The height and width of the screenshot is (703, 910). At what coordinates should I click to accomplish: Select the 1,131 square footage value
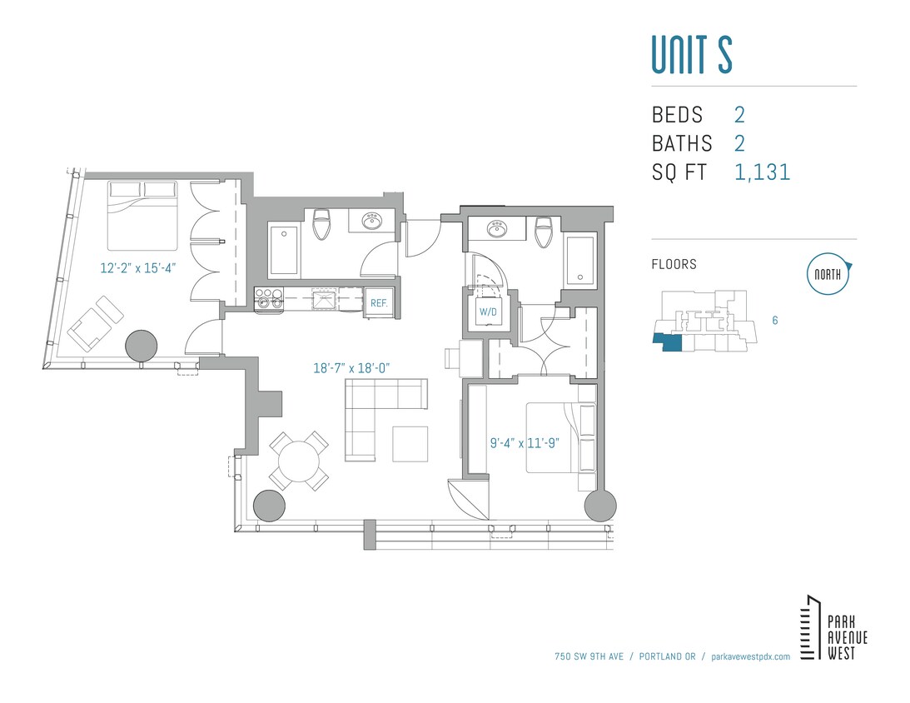click(762, 172)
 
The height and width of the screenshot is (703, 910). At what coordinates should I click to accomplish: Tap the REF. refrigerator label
click(379, 303)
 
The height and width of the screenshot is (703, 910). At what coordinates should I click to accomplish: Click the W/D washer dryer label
click(486, 313)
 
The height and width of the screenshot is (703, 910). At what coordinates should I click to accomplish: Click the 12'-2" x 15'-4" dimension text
click(137, 268)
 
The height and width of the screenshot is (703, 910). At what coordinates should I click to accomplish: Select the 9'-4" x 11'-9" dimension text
click(524, 443)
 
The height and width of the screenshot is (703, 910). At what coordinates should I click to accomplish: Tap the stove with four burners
click(268, 299)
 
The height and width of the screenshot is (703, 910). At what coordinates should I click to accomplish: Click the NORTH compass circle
click(828, 274)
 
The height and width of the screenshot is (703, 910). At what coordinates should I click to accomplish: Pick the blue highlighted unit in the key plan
click(666, 342)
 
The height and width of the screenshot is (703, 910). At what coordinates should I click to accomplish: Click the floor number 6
click(774, 320)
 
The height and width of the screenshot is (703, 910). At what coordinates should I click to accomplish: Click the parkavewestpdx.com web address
click(746, 656)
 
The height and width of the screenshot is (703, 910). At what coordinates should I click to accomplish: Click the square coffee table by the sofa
click(410, 443)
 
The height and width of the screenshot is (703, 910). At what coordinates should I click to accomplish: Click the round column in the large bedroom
click(141, 345)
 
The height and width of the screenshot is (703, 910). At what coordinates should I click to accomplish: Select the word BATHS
click(681, 143)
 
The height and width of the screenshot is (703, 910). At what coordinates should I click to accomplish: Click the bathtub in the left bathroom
click(285, 250)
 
